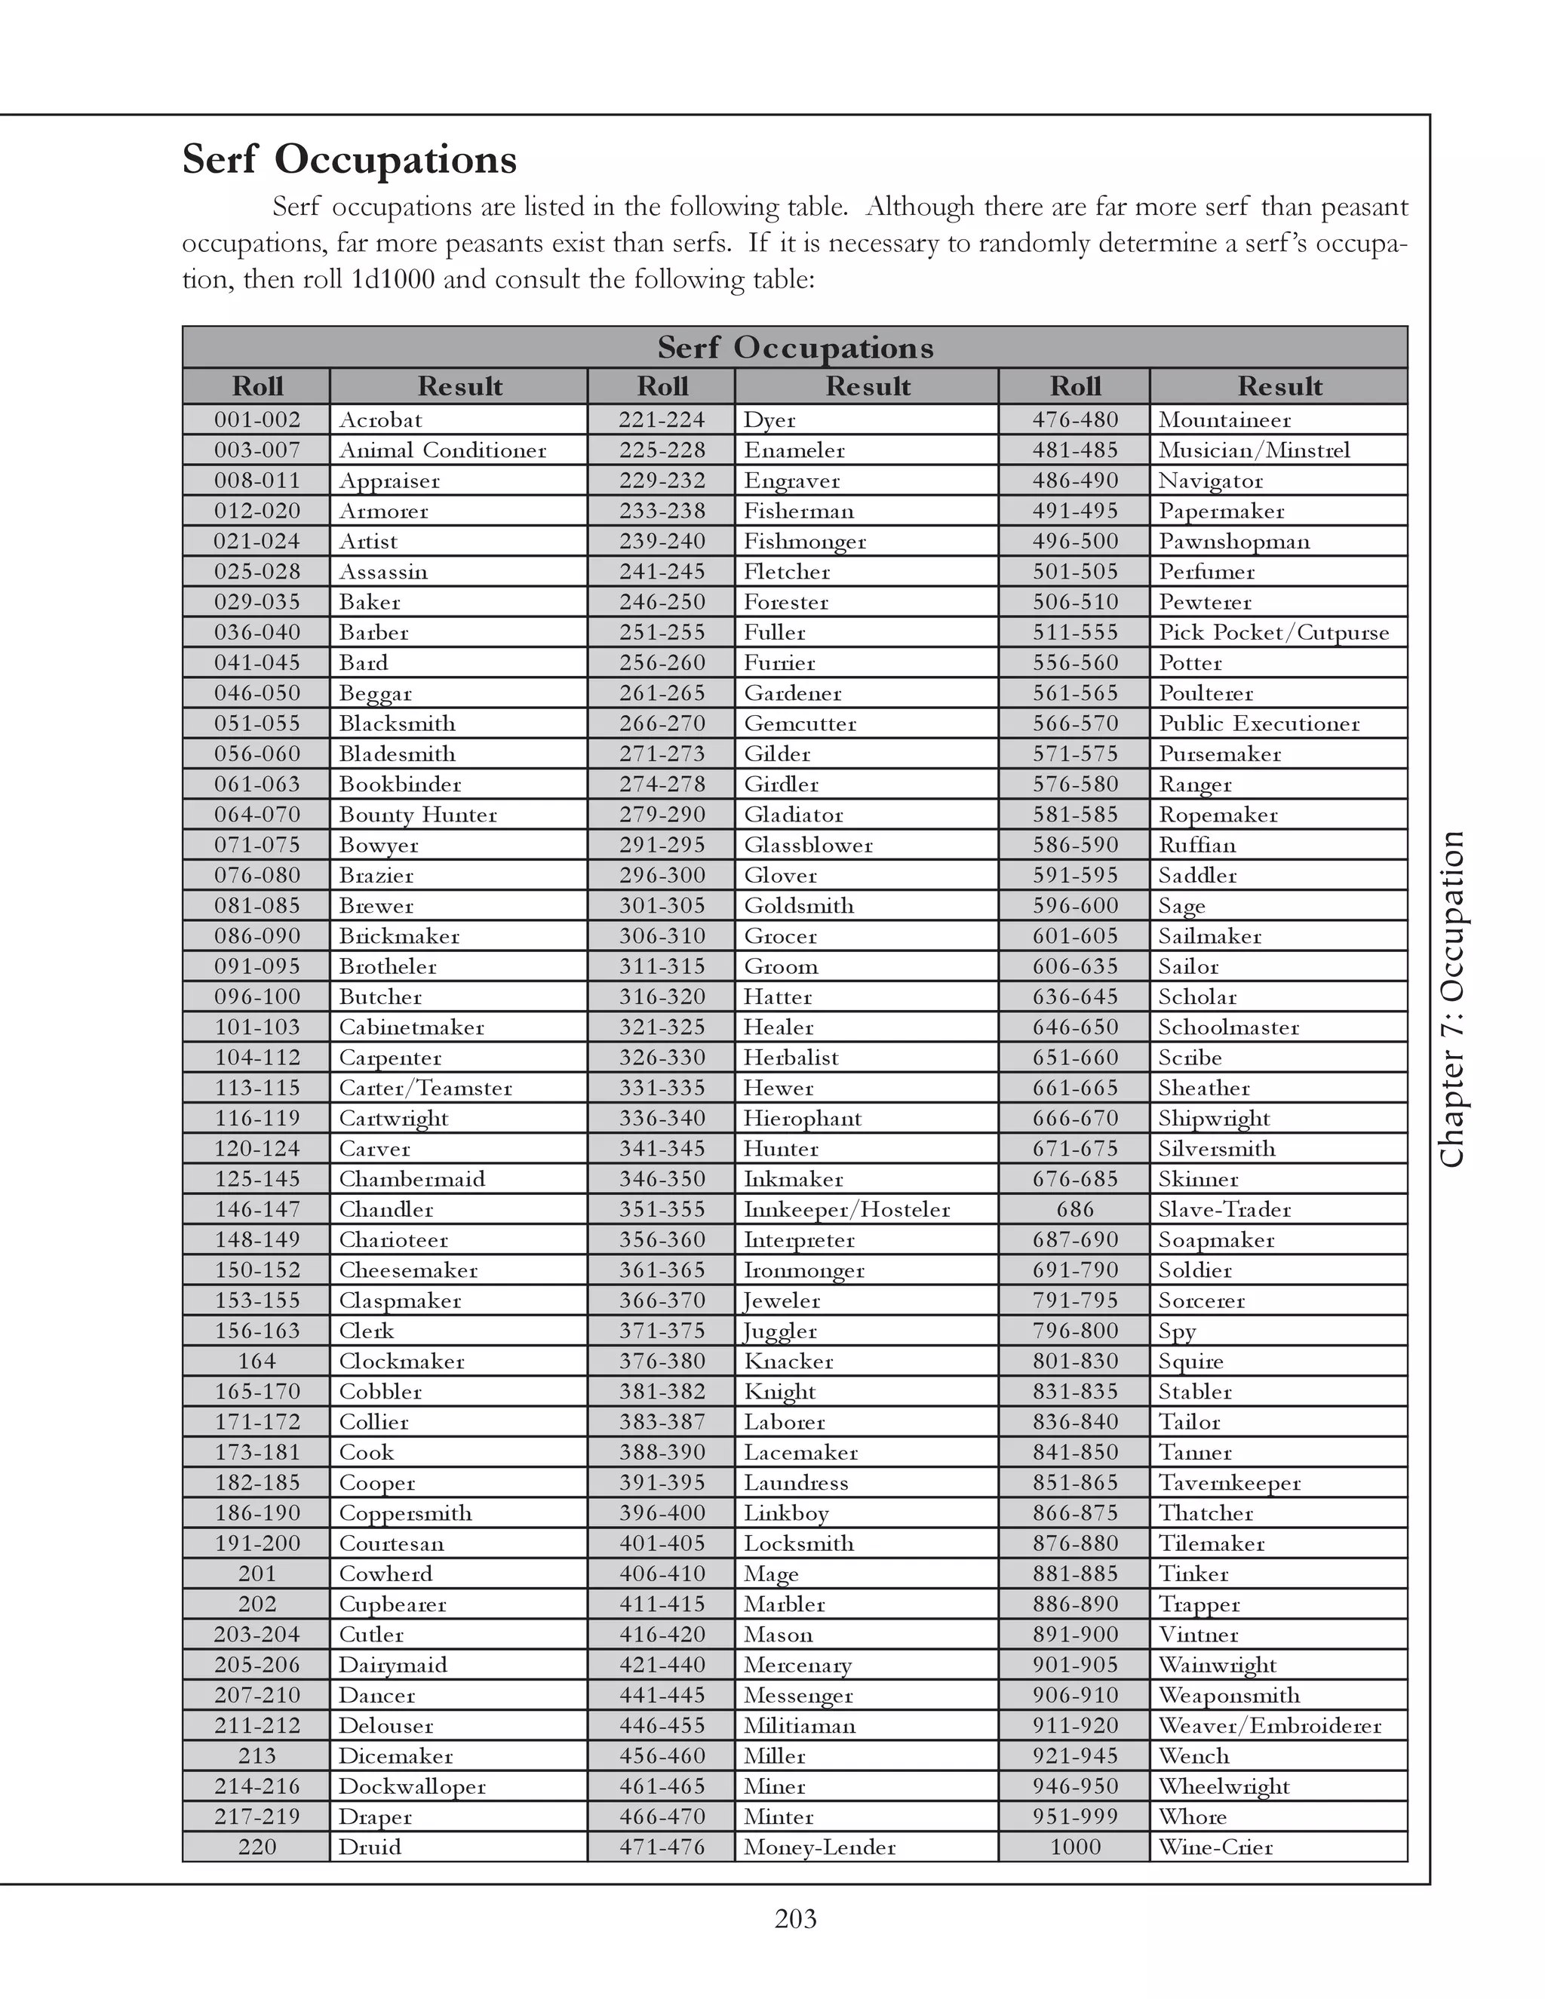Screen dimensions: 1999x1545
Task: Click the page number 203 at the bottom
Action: [794, 1918]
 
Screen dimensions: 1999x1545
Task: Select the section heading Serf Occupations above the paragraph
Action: [349, 159]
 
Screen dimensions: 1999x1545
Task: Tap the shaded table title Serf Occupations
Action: [794, 348]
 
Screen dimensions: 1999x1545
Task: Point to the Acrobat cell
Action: [381, 420]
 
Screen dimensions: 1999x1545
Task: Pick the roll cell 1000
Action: [1074, 1846]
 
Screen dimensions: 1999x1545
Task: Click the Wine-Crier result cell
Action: [1215, 1846]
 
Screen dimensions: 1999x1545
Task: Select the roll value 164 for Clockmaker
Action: [256, 1361]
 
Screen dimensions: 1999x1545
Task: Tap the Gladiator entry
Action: [793, 815]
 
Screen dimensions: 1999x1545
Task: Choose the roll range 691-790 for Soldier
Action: [1074, 1270]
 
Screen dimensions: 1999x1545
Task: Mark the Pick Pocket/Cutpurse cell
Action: [1273, 632]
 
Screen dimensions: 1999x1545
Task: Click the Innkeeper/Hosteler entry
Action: [846, 1209]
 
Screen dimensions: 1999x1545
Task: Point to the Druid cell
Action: [370, 1846]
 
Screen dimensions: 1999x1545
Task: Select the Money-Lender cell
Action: [819, 1846]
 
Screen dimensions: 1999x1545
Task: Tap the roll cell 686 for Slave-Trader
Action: [1074, 1209]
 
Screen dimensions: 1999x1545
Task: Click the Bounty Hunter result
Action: [417, 815]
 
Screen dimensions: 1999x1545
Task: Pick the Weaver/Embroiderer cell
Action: [1269, 1725]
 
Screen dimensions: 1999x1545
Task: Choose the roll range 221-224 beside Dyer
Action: [662, 420]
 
